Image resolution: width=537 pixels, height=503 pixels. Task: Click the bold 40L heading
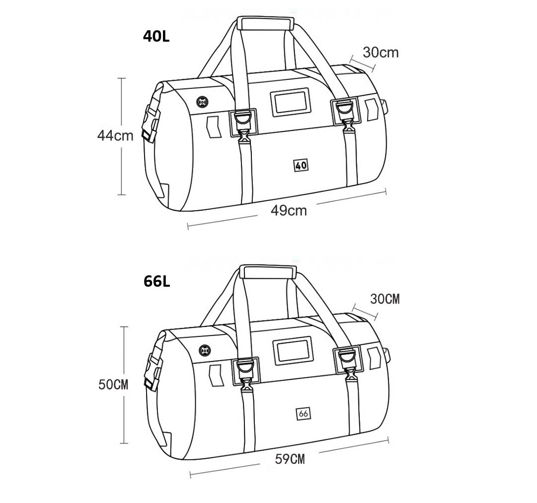tap(156, 37)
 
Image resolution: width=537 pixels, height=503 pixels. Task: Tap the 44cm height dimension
tap(115, 136)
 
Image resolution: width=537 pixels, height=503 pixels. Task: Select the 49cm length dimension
tap(289, 211)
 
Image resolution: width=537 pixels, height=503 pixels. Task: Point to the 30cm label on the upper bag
tap(381, 52)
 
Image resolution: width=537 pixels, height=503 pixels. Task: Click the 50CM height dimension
tap(113, 384)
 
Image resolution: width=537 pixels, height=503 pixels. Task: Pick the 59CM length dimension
tap(290, 459)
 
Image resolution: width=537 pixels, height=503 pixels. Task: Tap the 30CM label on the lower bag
tap(385, 299)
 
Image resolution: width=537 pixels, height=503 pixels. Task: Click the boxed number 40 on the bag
tap(301, 165)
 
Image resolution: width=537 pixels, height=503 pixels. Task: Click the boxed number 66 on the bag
tap(304, 414)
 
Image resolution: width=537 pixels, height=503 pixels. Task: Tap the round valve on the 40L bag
tap(202, 102)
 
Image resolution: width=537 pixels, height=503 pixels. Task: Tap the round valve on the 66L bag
tap(205, 350)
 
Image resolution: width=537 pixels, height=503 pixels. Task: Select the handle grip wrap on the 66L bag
tap(268, 271)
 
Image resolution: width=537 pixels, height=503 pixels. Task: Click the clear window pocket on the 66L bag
tap(293, 350)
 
